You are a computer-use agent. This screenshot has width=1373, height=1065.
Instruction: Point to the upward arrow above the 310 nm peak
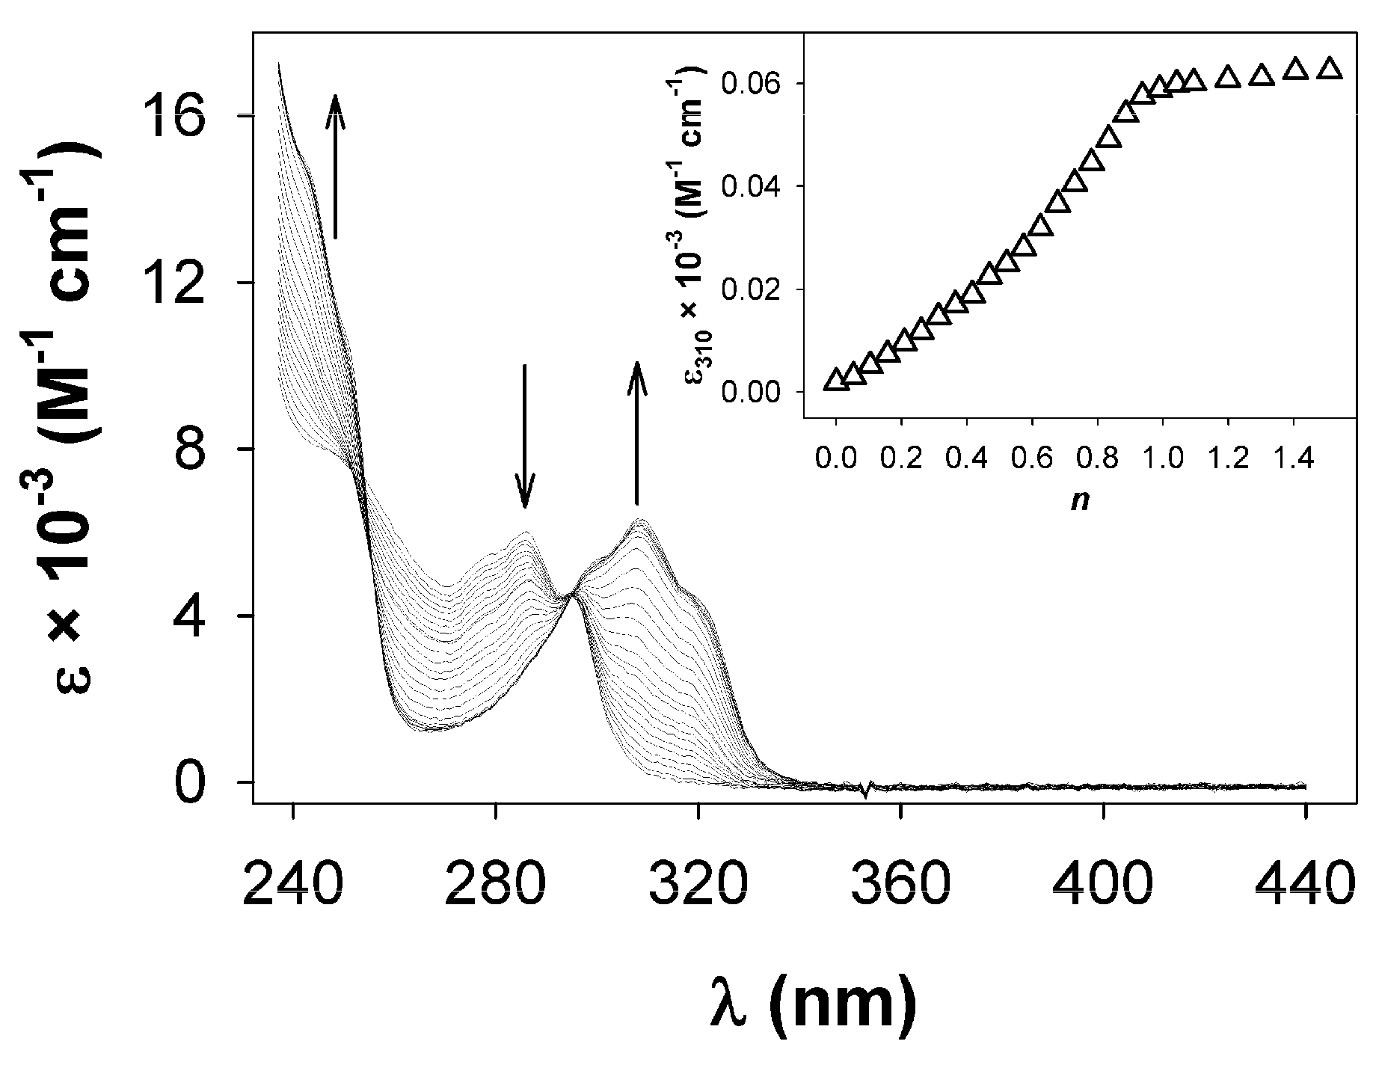[x=636, y=434]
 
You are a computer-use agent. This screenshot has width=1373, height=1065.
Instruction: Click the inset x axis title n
[x=1079, y=500]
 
